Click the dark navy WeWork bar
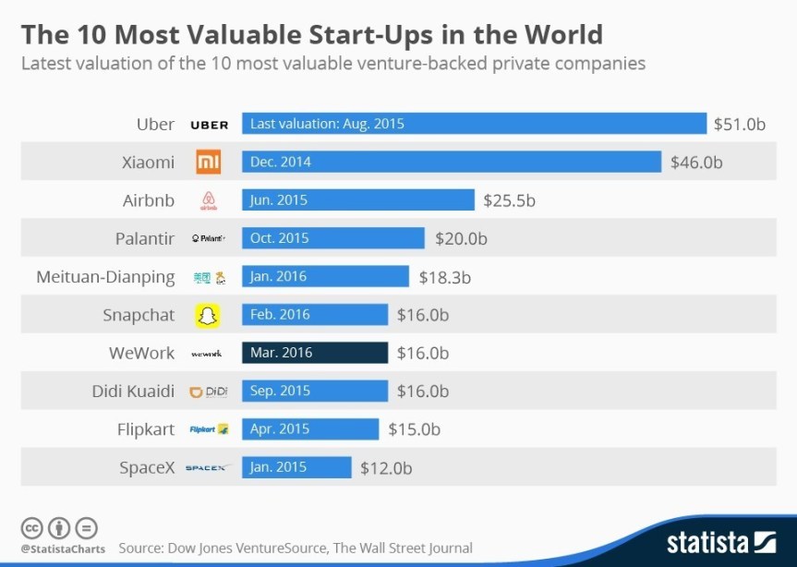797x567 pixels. click(314, 353)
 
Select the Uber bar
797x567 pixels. click(474, 124)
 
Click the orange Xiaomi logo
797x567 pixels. click(209, 163)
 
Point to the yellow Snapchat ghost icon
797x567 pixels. click(209, 315)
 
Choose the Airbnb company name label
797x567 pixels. click(148, 200)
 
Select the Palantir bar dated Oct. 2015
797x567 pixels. click(333, 238)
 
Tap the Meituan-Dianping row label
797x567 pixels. click(105, 277)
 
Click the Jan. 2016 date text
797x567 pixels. click(278, 277)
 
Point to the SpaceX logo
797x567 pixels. click(208, 468)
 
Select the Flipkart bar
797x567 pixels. click(310, 429)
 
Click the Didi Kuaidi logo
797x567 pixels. click(209, 392)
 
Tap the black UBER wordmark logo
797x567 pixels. click(209, 125)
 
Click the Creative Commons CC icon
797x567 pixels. click(32, 528)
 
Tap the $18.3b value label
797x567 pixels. click(444, 277)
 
